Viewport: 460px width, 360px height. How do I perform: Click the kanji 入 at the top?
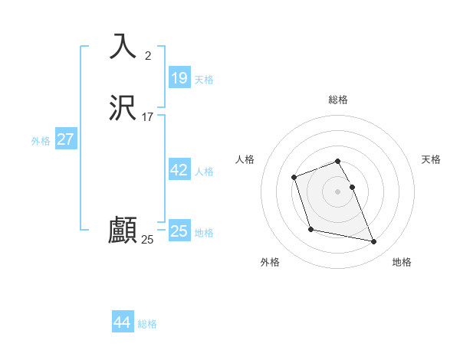pyautogui.click(x=123, y=46)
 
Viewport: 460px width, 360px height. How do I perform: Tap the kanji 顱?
pyautogui.click(x=123, y=231)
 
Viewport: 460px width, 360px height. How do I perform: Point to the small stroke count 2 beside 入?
pyautogui.click(x=148, y=55)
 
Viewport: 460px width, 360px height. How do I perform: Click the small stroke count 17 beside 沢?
pyautogui.click(x=148, y=117)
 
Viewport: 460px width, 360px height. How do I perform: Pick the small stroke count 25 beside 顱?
pyautogui.click(x=147, y=240)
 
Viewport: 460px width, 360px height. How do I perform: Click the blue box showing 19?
pyautogui.click(x=179, y=78)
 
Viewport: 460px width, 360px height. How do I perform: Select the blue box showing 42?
pyautogui.click(x=179, y=170)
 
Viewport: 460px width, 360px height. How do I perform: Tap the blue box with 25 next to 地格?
pyautogui.click(x=179, y=231)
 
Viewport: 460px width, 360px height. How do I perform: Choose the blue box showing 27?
pyautogui.click(x=66, y=139)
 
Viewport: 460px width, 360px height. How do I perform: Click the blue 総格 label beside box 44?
pyautogui.click(x=147, y=324)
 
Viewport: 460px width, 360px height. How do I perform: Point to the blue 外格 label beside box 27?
pyautogui.click(x=41, y=141)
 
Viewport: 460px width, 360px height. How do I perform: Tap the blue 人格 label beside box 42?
pyautogui.click(x=205, y=172)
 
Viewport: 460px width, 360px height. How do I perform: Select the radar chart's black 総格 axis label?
pyautogui.click(x=338, y=100)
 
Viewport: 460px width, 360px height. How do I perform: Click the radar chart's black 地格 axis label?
pyautogui.click(x=402, y=262)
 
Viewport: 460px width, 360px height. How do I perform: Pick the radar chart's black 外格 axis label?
pyautogui.click(x=270, y=262)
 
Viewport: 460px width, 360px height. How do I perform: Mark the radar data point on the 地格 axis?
pyautogui.click(x=374, y=242)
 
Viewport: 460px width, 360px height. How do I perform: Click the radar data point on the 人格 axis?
pyautogui.click(x=294, y=178)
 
